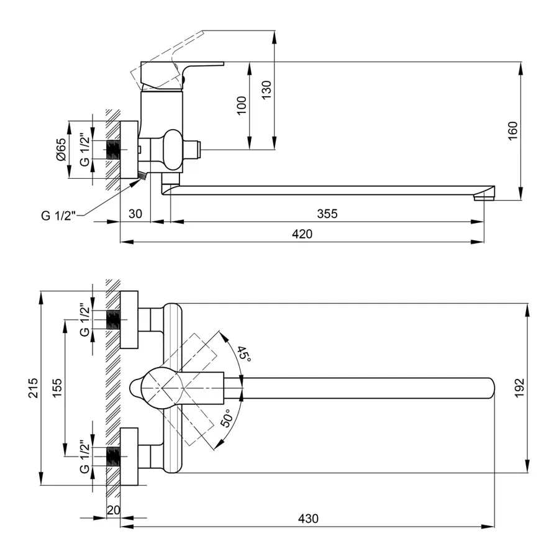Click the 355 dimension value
coord(327,214)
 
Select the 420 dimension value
coord(302,234)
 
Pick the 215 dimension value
coord(34,388)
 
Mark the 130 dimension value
coord(266,90)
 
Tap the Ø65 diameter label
coord(61,150)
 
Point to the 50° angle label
coord(227,418)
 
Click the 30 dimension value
coord(135,214)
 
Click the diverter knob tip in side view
coord(199,150)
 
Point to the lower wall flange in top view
coord(129,457)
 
